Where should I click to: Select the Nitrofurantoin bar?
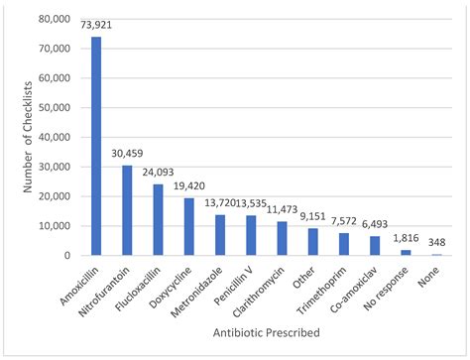[127, 210]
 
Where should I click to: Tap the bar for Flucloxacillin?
[158, 219]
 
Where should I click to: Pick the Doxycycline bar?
[189, 226]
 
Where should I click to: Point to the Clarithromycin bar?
[282, 238]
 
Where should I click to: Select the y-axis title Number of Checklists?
[13, 137]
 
